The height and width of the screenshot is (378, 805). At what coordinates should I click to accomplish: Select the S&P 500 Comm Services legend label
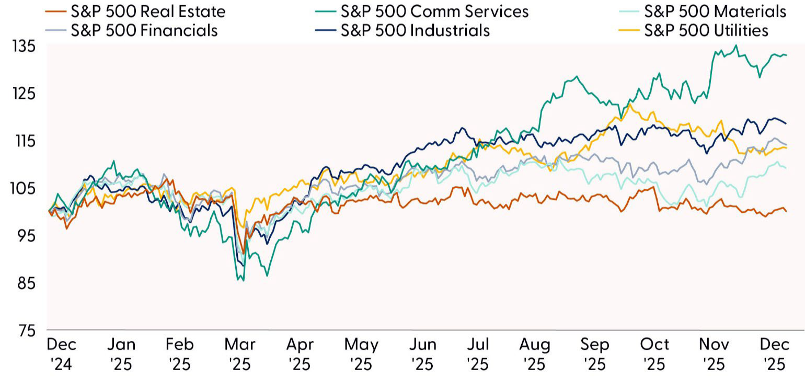click(x=434, y=11)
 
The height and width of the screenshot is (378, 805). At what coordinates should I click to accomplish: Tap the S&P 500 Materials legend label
click(x=716, y=11)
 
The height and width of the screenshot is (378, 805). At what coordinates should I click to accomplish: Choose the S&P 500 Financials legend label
click(x=143, y=30)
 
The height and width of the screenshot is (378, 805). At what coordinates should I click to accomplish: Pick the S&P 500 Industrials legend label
click(x=415, y=30)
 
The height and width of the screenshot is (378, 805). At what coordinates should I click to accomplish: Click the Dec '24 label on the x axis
click(x=61, y=353)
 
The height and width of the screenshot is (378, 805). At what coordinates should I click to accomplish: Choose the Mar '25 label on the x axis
click(x=240, y=353)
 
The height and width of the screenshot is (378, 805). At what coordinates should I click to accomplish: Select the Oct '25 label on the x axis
click(x=654, y=353)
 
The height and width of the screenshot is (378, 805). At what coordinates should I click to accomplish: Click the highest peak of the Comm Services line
click(x=737, y=45)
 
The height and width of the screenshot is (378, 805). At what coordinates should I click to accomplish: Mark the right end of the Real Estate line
click(x=786, y=211)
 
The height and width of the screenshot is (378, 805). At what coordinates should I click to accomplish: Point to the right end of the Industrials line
click(x=786, y=123)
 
